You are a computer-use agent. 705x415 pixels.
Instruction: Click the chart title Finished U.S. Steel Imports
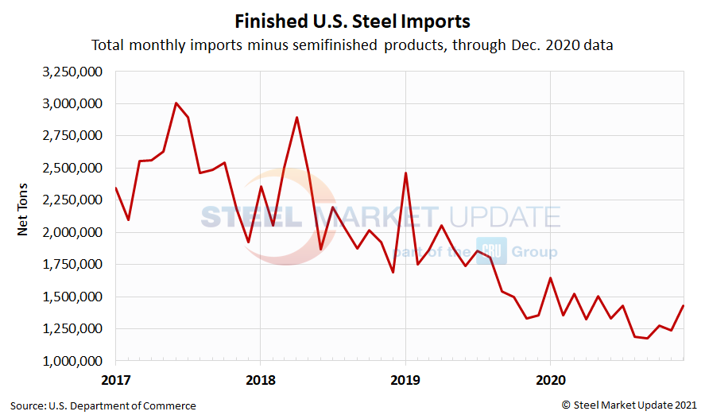click(x=352, y=19)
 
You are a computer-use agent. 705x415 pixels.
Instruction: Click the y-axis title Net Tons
click(x=24, y=215)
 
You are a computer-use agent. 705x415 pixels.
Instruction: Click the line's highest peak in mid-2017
click(x=176, y=103)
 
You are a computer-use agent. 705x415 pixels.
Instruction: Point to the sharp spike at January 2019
click(x=405, y=173)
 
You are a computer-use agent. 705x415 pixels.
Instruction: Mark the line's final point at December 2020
click(x=684, y=306)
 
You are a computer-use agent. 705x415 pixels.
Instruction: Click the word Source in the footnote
click(x=27, y=405)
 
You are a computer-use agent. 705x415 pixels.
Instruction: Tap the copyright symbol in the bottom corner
click(x=566, y=405)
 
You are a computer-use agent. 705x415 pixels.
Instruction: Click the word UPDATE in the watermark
click(x=502, y=217)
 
